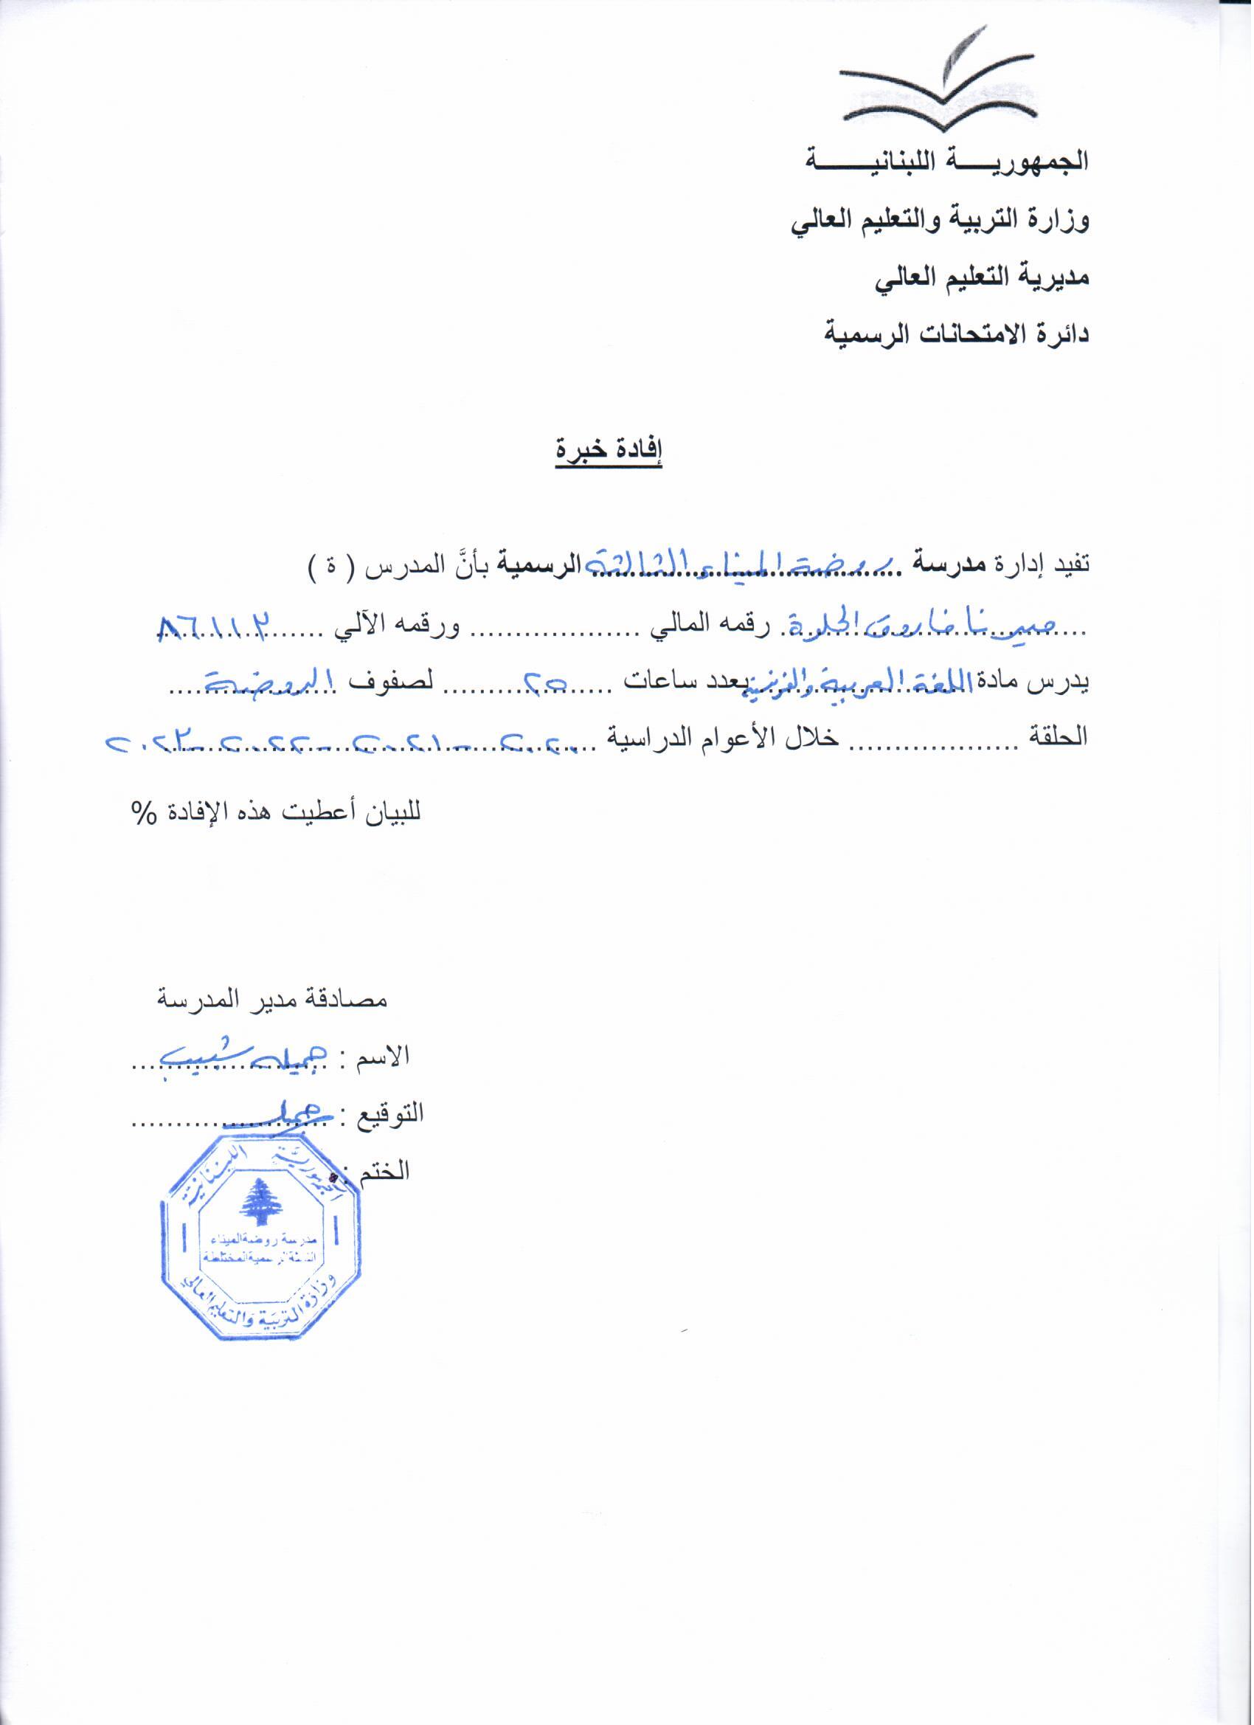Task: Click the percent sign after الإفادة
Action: pos(143,813)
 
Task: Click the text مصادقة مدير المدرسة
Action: pos(271,1000)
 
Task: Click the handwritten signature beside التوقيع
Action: pos(266,1112)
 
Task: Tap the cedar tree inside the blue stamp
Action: pos(261,1203)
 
